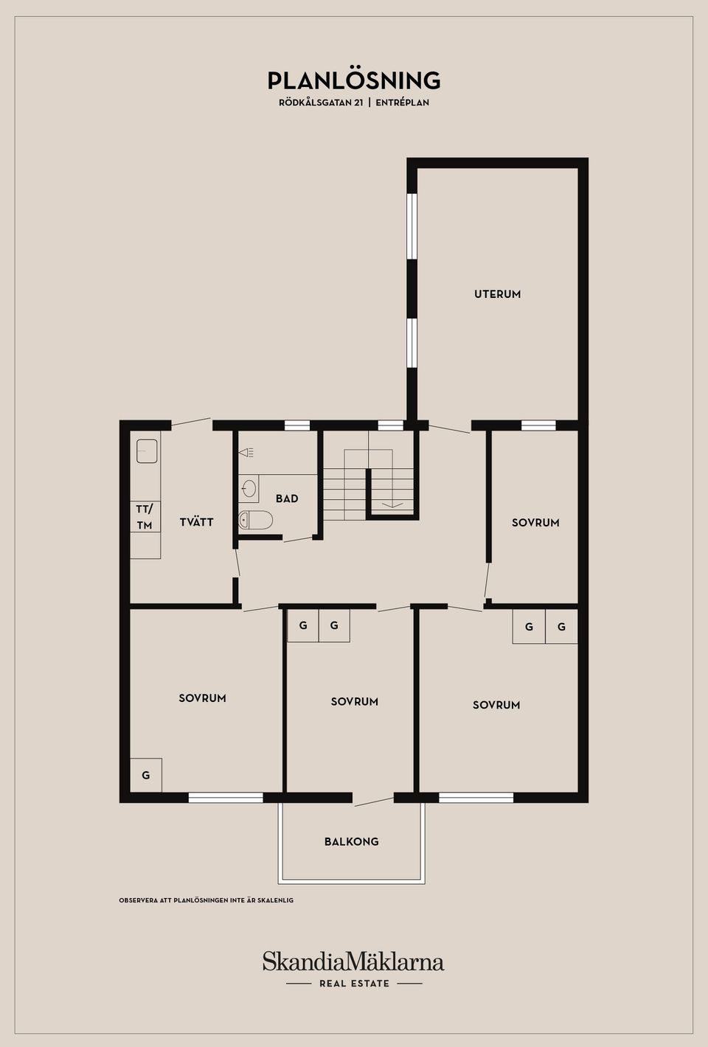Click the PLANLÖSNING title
point(354,80)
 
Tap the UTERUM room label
point(497,294)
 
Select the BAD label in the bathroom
point(287,499)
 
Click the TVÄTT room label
point(196,522)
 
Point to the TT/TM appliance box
point(145,517)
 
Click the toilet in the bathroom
point(255,520)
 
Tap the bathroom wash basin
point(249,488)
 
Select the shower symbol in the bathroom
point(246,452)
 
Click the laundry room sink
point(147,451)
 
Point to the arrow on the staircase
point(392,505)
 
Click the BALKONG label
point(352,841)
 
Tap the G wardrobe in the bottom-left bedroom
point(146,775)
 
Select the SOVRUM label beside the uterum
point(535,523)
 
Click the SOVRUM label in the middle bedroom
point(354,702)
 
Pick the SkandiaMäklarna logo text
point(353,961)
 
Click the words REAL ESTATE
point(354,984)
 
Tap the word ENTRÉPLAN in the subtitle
point(402,103)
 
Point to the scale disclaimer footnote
point(206,900)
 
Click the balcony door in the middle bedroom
point(373,801)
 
